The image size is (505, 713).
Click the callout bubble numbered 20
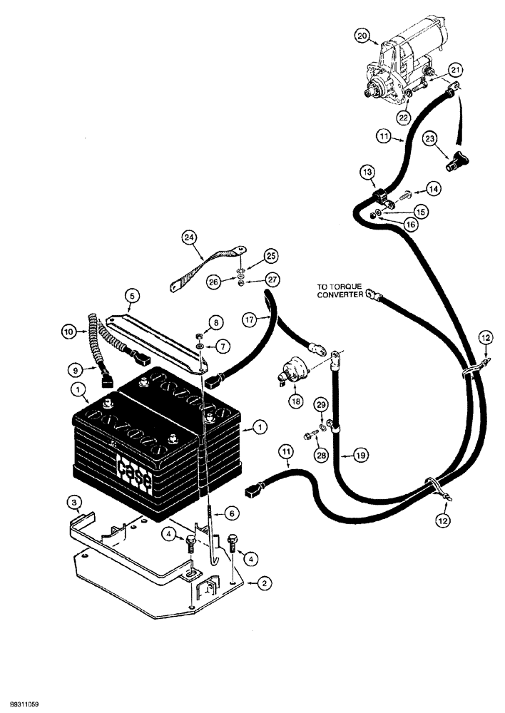362,36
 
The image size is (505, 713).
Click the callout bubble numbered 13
367,173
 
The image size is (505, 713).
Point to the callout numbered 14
434,190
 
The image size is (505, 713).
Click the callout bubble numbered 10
68,331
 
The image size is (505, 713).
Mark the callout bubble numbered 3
74,503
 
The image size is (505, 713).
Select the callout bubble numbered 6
232,512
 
